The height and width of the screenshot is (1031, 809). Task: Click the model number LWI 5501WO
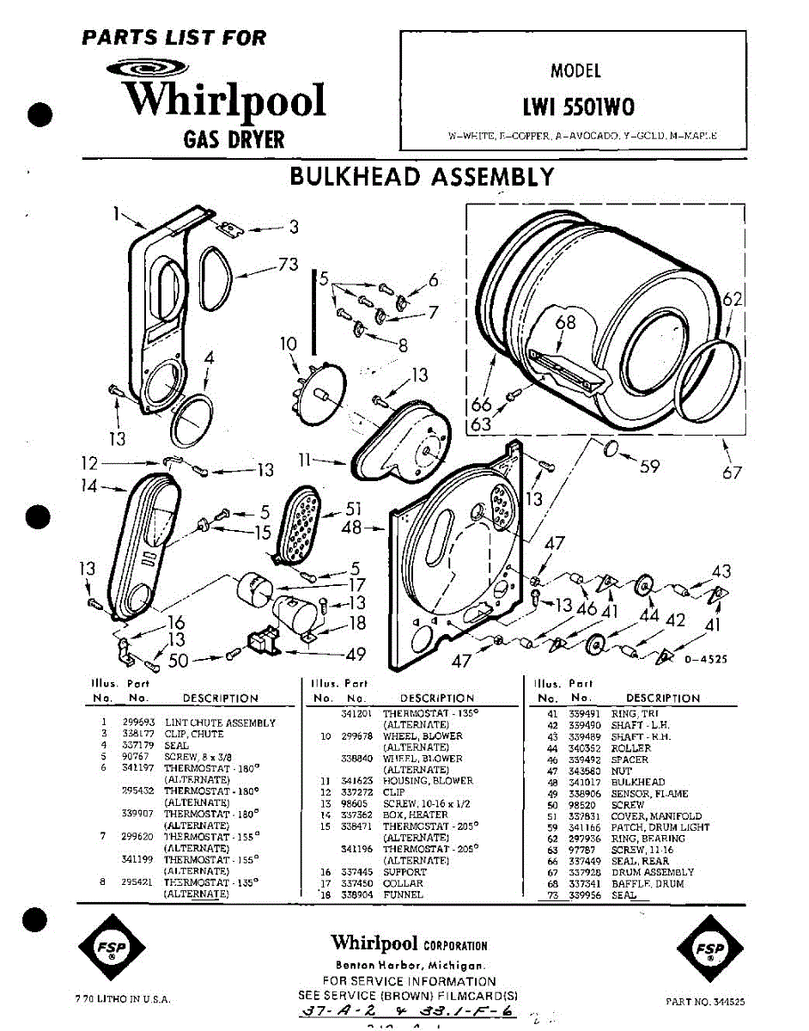click(x=579, y=108)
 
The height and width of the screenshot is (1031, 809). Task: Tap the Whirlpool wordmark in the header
click(x=225, y=101)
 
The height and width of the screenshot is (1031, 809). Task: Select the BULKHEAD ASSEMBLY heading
click(x=422, y=177)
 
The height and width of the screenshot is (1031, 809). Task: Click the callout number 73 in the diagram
click(x=288, y=265)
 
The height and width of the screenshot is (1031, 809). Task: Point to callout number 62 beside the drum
click(x=732, y=300)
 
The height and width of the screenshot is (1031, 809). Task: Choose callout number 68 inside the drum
click(x=565, y=323)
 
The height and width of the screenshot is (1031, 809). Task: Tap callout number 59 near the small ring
click(x=650, y=467)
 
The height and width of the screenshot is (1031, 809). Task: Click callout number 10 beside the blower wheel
click(x=288, y=345)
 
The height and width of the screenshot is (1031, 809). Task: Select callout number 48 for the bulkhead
click(x=352, y=528)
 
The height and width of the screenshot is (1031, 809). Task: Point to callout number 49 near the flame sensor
click(x=356, y=654)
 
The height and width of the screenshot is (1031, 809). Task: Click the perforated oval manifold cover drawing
click(x=300, y=523)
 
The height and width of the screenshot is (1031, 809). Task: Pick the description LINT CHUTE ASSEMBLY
click(x=220, y=723)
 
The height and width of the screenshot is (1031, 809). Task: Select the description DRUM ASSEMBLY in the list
click(x=652, y=873)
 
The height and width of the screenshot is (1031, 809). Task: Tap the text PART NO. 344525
click(x=705, y=1002)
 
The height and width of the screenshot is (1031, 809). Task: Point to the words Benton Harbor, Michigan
click(x=409, y=965)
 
